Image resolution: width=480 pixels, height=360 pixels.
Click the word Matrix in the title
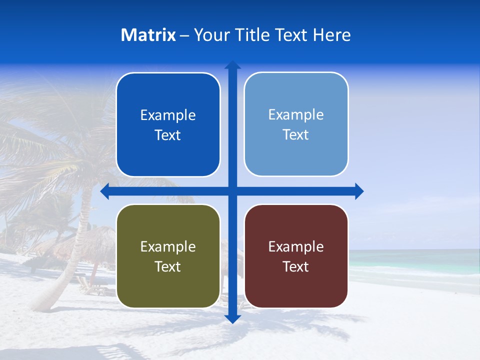click(148, 35)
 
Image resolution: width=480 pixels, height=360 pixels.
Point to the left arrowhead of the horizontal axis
click(105, 191)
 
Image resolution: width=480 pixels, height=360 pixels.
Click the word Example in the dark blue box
click(168, 115)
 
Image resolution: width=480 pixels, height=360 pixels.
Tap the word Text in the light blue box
click(296, 135)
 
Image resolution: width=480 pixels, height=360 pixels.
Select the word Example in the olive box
click(168, 246)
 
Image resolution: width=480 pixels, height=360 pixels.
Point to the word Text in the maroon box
click(296, 266)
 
